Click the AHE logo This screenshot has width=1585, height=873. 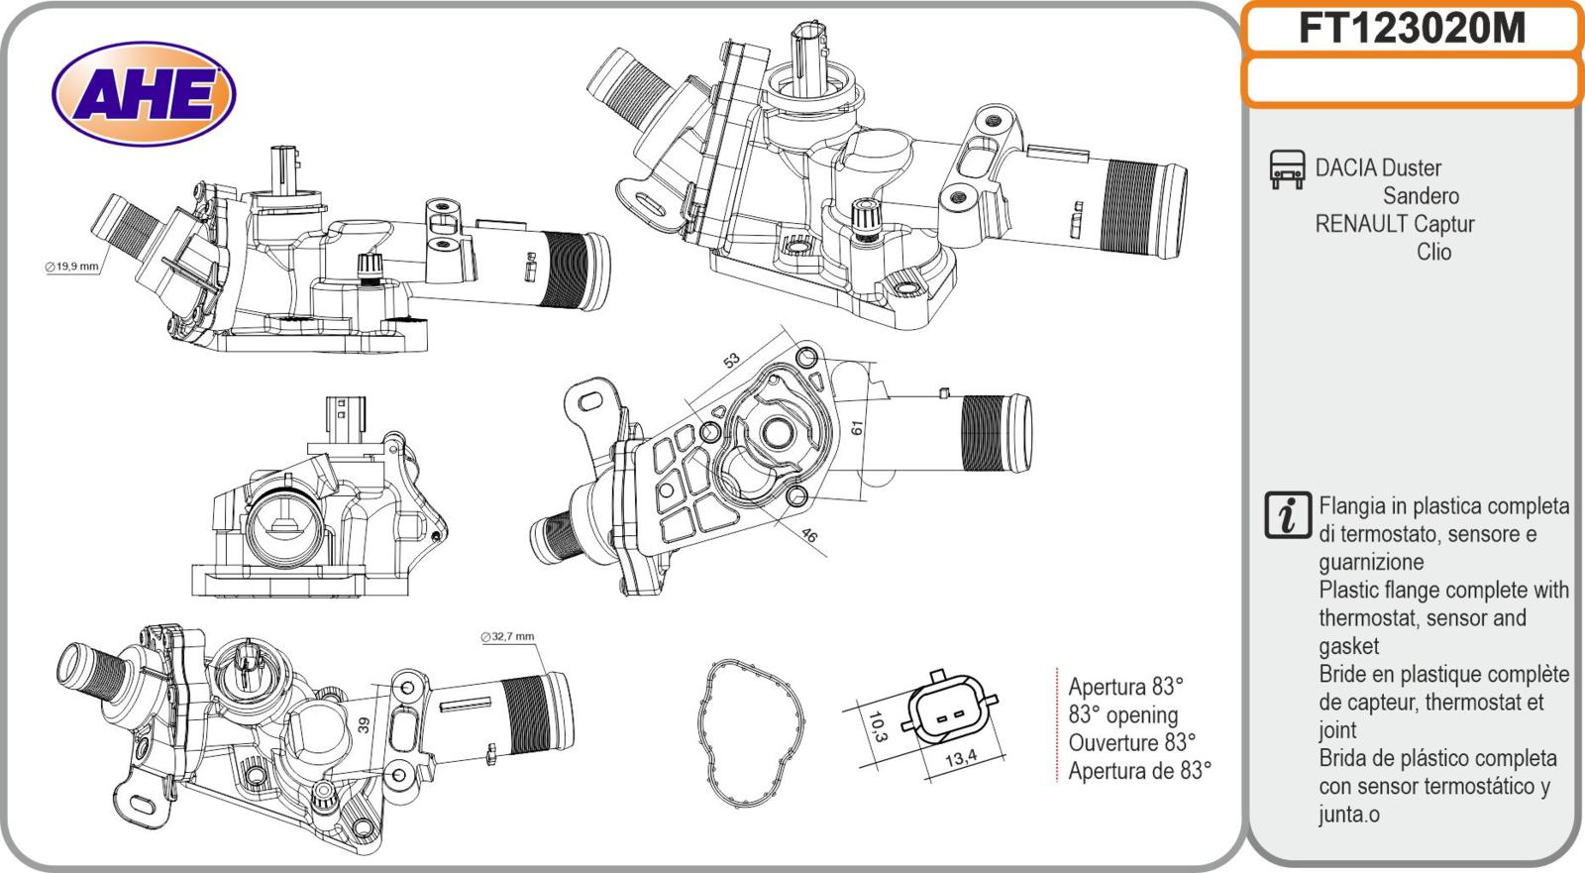click(x=144, y=94)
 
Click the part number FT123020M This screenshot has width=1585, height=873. click(x=1412, y=29)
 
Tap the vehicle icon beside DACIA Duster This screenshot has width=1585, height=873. click(x=1286, y=169)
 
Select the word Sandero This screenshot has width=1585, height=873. click(x=1421, y=196)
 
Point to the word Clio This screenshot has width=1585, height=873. click(x=1433, y=252)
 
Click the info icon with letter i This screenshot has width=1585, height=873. click(x=1288, y=515)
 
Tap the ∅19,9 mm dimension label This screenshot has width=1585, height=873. click(x=72, y=267)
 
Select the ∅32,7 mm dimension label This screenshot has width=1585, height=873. click(x=507, y=636)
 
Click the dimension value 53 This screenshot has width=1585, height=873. click(x=732, y=361)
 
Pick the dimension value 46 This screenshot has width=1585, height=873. click(x=809, y=536)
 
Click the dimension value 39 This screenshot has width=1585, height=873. click(x=364, y=725)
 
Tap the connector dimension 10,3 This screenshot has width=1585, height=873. click(x=877, y=725)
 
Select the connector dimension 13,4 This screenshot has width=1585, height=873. click(x=959, y=759)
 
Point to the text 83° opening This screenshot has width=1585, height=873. click(x=1123, y=714)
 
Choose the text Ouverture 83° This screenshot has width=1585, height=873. click(x=1131, y=742)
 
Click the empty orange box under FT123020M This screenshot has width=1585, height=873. click(x=1412, y=81)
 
